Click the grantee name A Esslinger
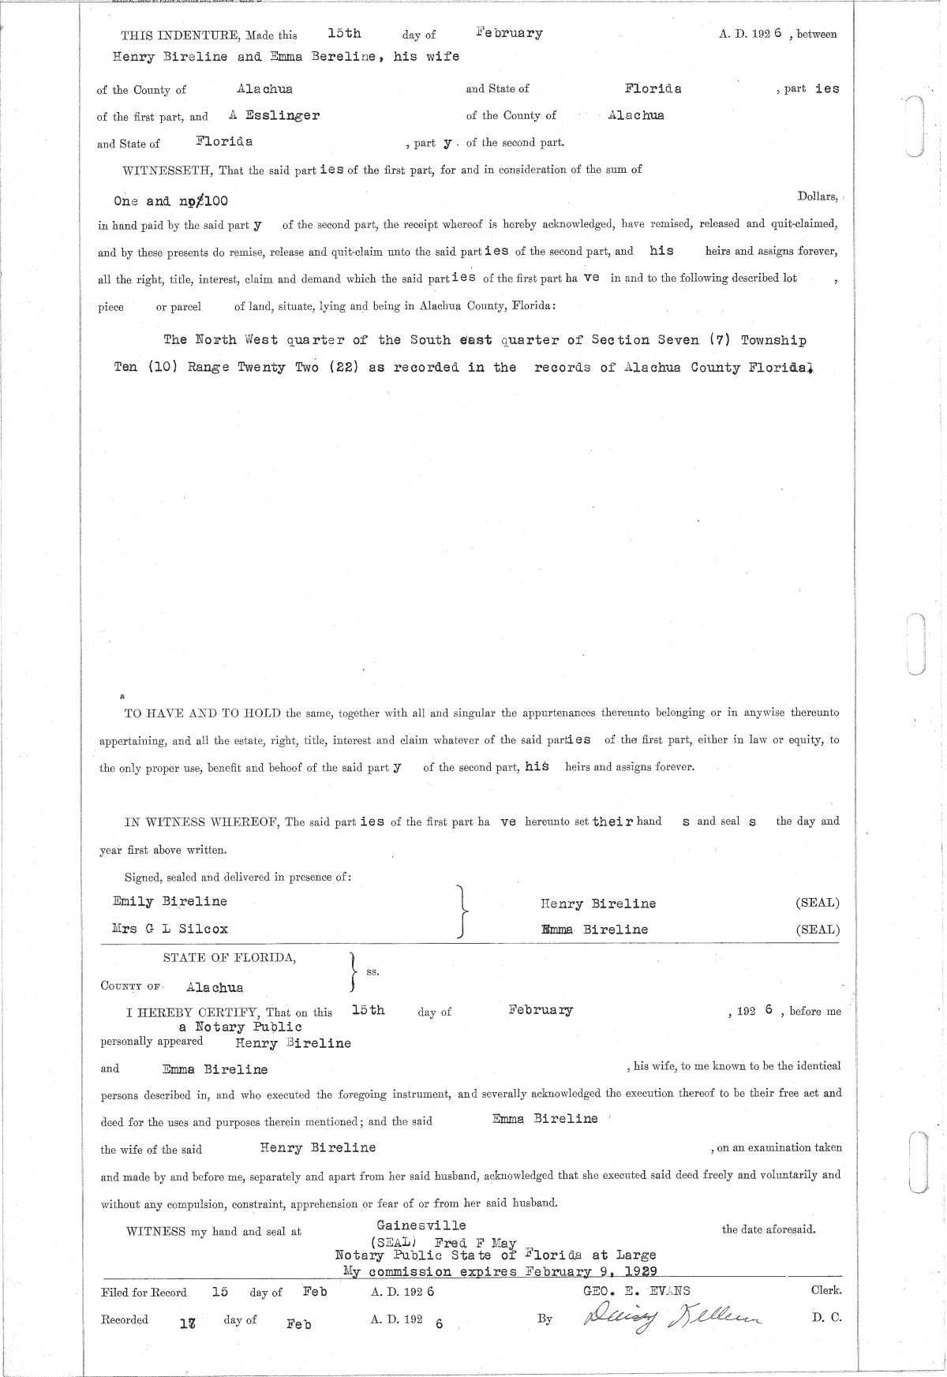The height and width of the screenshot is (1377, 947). (x=273, y=115)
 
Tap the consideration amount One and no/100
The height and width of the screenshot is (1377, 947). (x=171, y=201)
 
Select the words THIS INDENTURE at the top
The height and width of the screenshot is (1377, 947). (x=180, y=35)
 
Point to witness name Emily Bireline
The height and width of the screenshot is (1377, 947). (x=170, y=901)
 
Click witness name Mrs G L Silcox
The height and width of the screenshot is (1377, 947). (x=170, y=929)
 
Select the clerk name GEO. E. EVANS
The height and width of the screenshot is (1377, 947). (x=636, y=1291)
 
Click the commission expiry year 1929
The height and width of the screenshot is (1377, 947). (x=640, y=1271)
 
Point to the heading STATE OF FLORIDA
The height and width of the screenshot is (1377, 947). (x=230, y=958)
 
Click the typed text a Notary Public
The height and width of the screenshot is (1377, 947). (x=240, y=1027)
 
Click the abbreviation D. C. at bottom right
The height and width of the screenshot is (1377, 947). (x=826, y=1318)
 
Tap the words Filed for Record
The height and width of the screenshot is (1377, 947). (x=144, y=1293)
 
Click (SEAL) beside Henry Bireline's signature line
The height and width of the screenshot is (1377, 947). (x=818, y=903)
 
